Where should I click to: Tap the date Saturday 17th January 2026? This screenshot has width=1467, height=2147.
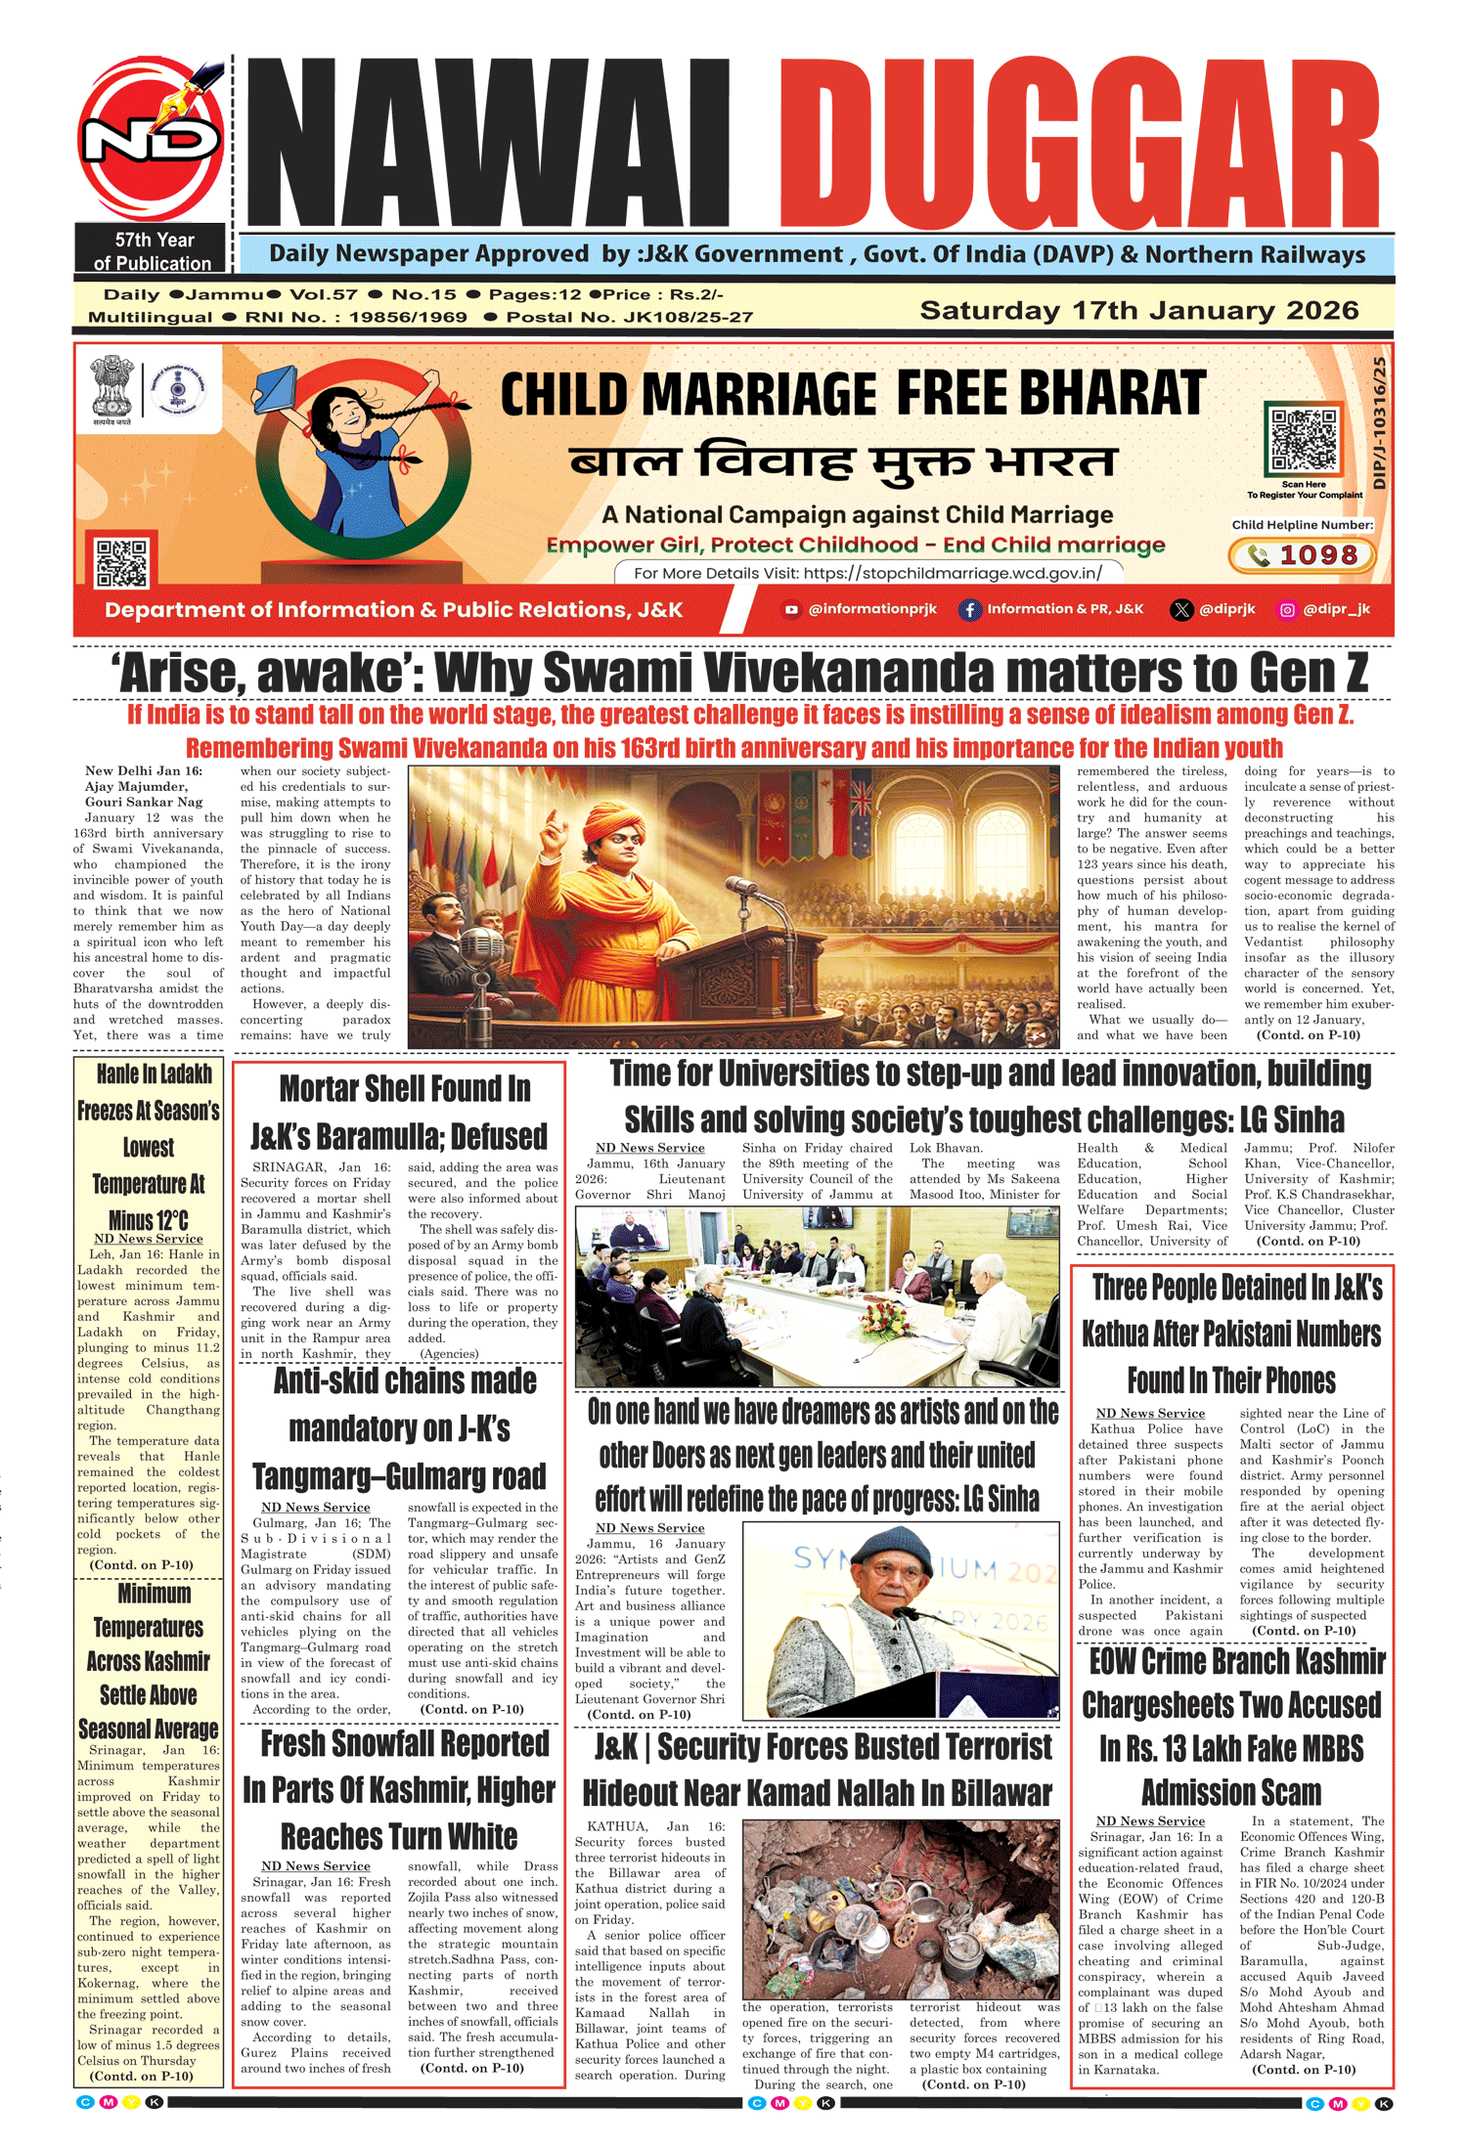(x=1138, y=311)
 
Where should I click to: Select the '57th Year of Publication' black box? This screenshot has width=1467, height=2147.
(x=152, y=251)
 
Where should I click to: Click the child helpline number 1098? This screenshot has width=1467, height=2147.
(x=1302, y=555)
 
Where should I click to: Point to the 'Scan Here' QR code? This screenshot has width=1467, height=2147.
(x=1303, y=440)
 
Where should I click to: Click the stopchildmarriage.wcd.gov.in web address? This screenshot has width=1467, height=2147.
(x=953, y=574)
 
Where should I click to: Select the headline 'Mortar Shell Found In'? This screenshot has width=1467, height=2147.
(x=405, y=1088)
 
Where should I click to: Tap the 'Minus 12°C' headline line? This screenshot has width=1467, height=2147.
(x=149, y=1220)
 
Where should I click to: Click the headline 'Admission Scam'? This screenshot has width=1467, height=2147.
(x=1231, y=1792)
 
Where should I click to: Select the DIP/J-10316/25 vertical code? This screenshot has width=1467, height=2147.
(x=1380, y=423)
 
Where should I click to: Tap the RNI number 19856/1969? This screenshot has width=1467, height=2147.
(x=408, y=318)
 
